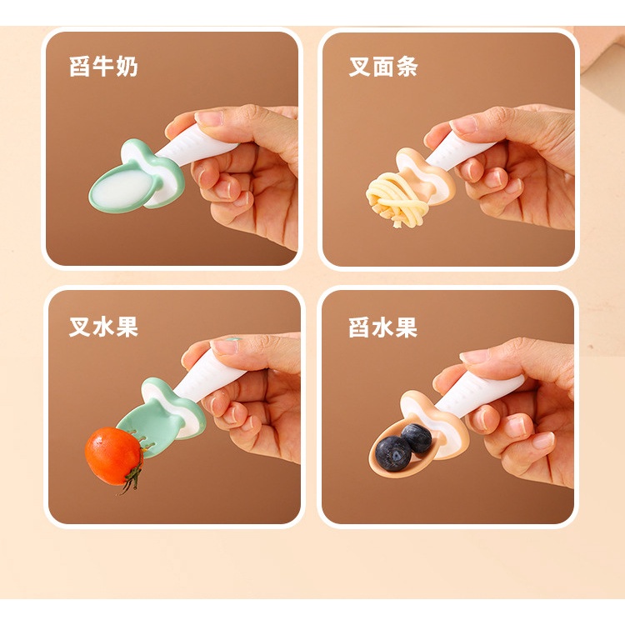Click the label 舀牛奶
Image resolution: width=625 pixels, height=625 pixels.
[103, 66]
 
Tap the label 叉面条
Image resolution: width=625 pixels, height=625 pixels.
[383, 66]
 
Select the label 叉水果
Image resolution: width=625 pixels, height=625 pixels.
[103, 327]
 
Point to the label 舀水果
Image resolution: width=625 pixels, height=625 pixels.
[383, 327]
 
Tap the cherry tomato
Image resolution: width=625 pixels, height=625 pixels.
[114, 456]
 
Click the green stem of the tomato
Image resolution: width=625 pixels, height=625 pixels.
[133, 480]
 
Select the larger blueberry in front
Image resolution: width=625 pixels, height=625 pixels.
[393, 453]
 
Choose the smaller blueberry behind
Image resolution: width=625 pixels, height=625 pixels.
[417, 438]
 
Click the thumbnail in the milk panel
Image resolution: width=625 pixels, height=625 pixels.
[210, 118]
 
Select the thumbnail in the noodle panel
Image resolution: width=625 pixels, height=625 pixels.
[464, 124]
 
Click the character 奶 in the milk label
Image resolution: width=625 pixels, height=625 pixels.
[127, 66]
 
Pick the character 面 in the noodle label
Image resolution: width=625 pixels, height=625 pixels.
[383, 66]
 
